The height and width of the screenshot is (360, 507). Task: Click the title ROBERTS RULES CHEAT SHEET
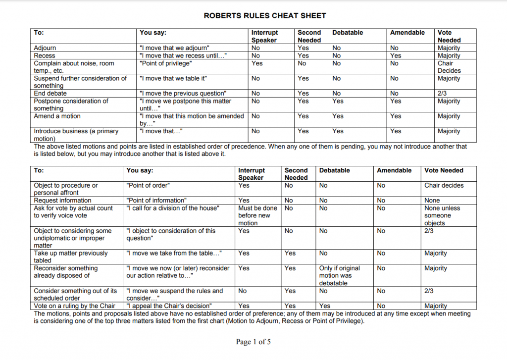coord(265,16)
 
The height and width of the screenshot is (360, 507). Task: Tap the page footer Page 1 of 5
coord(253,342)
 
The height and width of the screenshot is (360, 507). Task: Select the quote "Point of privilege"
coord(165,63)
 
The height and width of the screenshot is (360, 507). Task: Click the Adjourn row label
coord(45,48)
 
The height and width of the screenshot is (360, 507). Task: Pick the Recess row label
coord(45,56)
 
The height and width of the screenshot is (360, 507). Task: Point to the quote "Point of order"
coord(148,185)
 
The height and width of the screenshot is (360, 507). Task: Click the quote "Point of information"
coord(156,201)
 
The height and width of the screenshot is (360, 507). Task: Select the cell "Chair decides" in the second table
coord(444,185)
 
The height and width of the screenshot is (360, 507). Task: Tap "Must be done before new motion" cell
coord(257,215)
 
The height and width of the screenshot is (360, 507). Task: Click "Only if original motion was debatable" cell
coord(340,275)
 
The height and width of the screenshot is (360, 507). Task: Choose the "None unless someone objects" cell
coord(438,215)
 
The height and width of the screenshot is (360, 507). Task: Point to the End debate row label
coord(50,93)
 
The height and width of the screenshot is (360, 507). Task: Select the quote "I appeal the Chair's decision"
coord(169,306)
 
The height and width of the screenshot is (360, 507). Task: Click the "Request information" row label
coord(62,201)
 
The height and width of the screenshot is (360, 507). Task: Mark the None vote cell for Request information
coord(432,201)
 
